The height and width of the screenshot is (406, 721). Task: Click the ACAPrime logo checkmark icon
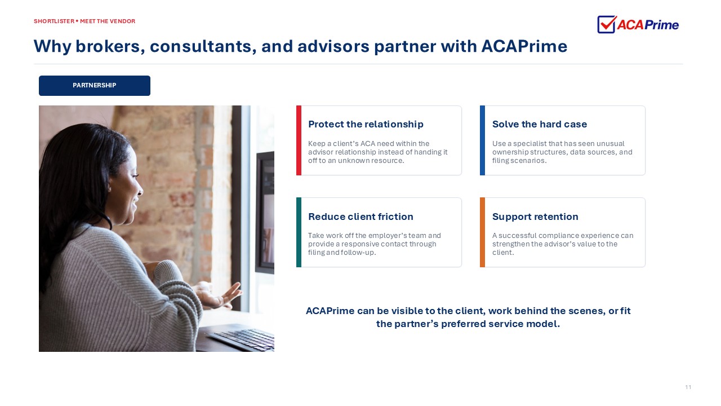(x=607, y=24)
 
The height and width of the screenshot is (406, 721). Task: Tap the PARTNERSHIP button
(x=94, y=85)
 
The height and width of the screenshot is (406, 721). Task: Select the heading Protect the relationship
(x=366, y=124)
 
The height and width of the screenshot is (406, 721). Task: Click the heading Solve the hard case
(x=540, y=124)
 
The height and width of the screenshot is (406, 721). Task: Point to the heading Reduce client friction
(x=360, y=217)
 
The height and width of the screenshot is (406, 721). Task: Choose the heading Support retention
(x=535, y=217)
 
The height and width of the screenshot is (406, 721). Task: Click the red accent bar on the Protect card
(x=299, y=140)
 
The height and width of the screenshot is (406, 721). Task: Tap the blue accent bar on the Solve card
(x=482, y=140)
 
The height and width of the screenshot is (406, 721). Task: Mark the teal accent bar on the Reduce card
(x=299, y=232)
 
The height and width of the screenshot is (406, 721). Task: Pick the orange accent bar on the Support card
(x=482, y=232)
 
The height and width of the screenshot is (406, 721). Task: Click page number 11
(x=688, y=387)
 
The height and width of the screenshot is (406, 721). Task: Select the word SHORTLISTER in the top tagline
(x=54, y=21)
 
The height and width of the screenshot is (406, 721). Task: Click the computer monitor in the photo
(x=265, y=213)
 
